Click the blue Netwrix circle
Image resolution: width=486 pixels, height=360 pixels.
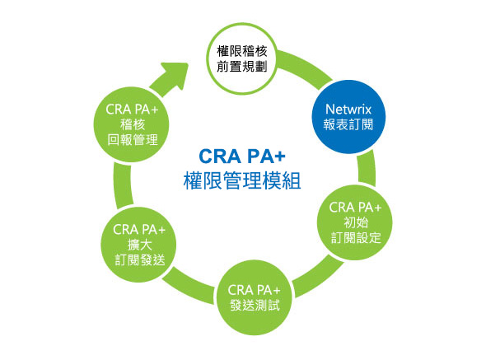tap(348, 117)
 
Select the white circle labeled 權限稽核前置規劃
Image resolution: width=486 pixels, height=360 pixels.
tap(241, 58)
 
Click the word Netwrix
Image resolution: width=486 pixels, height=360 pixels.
tap(348, 109)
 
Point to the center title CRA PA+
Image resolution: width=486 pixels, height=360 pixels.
tap(242, 156)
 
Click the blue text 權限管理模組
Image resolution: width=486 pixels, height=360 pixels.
tap(242, 180)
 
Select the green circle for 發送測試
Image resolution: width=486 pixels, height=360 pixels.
tap(255, 297)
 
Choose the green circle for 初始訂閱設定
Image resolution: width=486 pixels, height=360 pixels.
tap(355, 222)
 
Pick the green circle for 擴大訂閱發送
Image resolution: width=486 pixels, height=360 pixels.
tap(139, 245)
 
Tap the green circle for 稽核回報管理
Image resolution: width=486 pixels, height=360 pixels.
tap(132, 124)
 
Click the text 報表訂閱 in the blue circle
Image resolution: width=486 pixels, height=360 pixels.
tap(348, 124)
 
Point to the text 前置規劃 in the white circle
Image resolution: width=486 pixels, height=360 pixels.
tap(241, 67)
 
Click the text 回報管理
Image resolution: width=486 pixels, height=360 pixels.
tap(133, 140)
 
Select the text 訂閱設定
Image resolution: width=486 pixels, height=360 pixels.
tap(356, 238)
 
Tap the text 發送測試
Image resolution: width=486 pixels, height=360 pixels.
tap(255, 306)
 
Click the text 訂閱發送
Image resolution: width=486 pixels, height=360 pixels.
tap(140, 260)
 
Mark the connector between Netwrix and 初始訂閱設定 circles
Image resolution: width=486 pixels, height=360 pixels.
tap(367, 168)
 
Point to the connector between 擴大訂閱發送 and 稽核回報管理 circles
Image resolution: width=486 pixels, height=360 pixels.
tap(123, 185)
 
